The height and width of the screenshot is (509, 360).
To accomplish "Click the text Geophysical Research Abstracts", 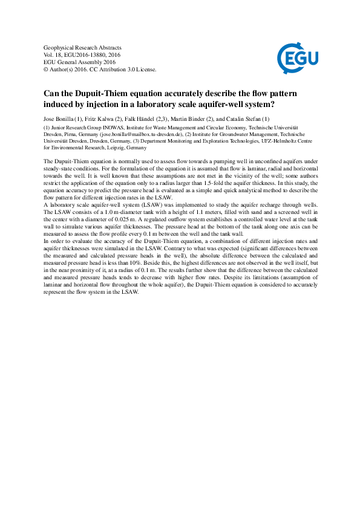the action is click(x=83, y=48).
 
